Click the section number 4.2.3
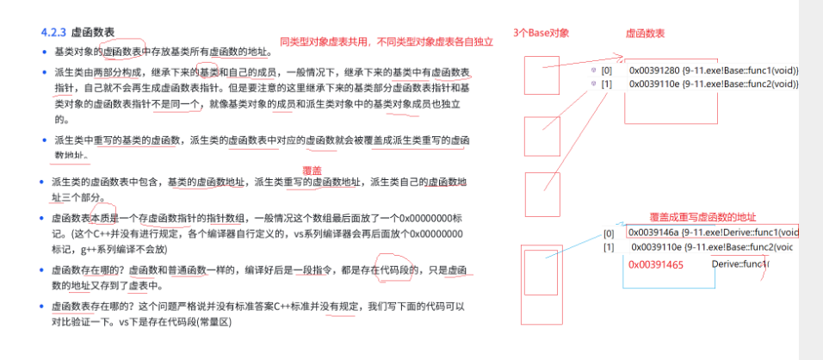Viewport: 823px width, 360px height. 54,34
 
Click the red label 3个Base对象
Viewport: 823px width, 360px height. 541,32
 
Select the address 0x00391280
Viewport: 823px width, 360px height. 653,70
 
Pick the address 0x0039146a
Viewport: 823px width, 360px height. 653,232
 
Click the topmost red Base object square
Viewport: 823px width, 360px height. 542,76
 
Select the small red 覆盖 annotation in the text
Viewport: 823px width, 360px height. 312,171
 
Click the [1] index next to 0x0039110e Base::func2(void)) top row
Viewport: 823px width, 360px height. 607,84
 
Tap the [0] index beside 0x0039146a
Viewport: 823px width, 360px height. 609,233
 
